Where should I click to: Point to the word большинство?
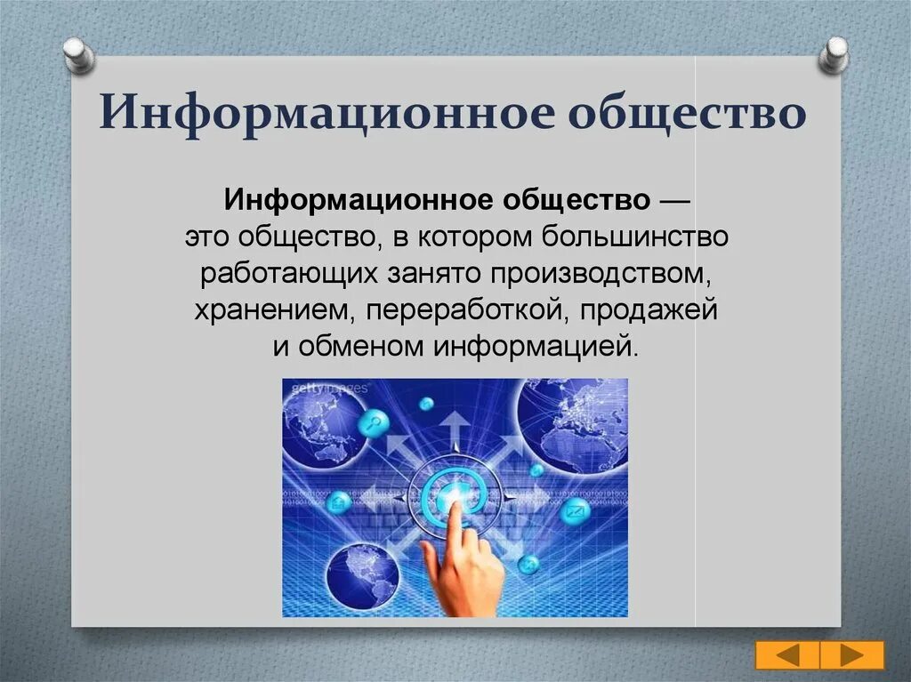pos(635,237)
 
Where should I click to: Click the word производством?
pos(601,274)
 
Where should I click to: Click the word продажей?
pos(649,309)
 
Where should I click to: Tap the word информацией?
pos(536,347)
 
